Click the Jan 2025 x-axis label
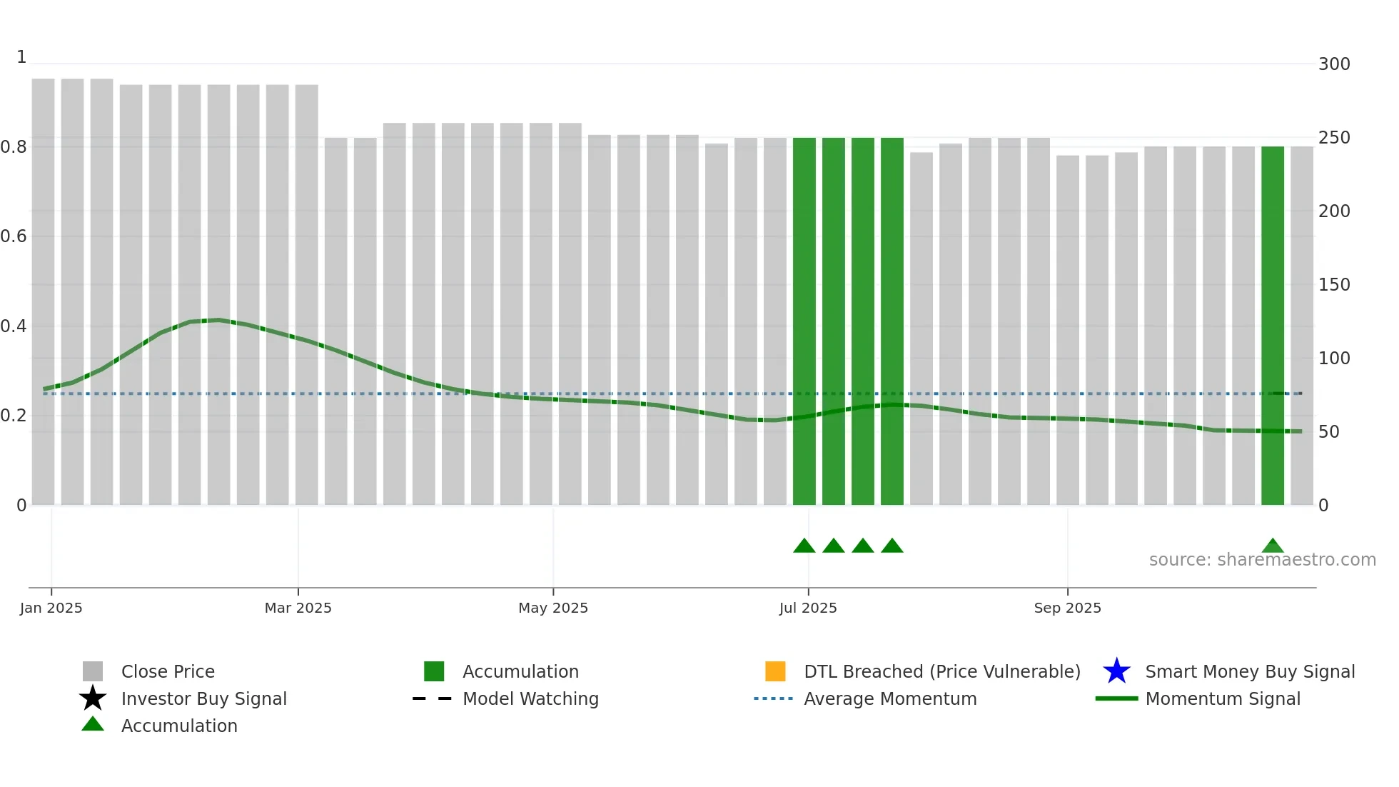51,608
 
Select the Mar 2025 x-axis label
298,608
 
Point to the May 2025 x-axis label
552,608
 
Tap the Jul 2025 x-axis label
807,608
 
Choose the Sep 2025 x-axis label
1067,608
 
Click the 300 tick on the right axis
1334,64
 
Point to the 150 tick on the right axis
1334,285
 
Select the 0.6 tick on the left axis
14,236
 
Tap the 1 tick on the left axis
21,57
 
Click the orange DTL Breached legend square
775,671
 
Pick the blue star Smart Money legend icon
1116,671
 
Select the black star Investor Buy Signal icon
93,698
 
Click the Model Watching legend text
530,698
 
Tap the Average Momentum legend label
890,698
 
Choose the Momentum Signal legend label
1223,698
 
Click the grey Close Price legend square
93,671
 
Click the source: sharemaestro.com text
1262,560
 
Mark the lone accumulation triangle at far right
1273,546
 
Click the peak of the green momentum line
218,320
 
